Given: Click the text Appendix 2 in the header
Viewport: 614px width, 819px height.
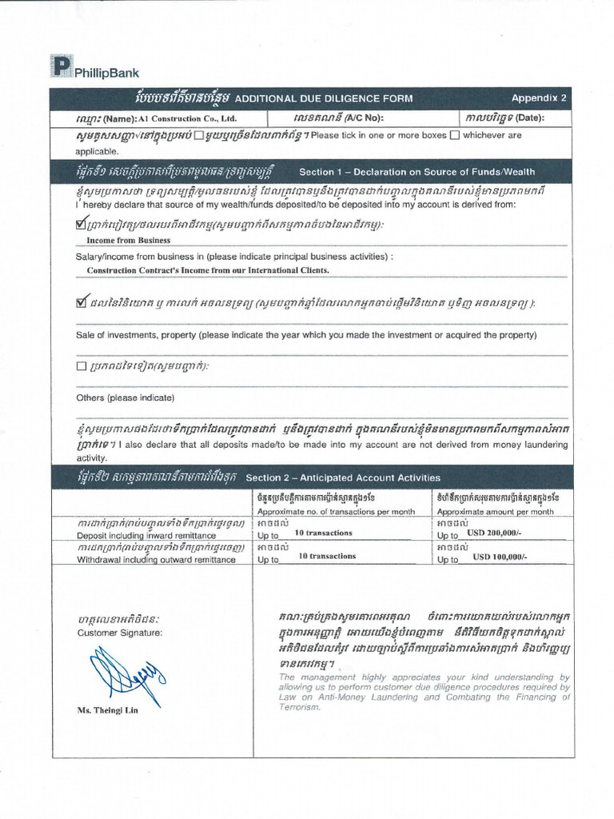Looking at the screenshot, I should (538, 98).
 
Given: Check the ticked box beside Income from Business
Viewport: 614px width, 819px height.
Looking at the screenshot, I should (81, 226).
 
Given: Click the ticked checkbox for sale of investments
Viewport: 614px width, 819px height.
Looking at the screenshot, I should (81, 302).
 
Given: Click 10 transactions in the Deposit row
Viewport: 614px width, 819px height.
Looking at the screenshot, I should (323, 533).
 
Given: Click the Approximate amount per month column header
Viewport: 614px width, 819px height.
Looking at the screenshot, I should (495, 512).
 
